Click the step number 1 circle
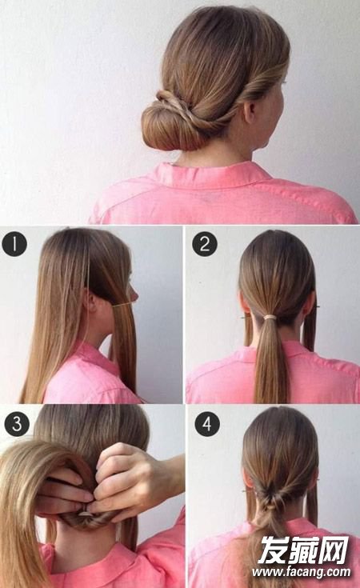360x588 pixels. pyautogui.click(x=14, y=244)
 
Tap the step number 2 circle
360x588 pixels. pyautogui.click(x=205, y=244)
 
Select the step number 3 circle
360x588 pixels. pyautogui.click(x=17, y=423)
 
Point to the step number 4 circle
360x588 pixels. pyautogui.click(x=207, y=423)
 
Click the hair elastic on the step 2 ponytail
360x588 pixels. pyautogui.click(x=270, y=318)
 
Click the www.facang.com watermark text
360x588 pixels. pyautogui.click(x=302, y=571)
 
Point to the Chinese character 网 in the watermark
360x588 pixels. pyautogui.click(x=334, y=550)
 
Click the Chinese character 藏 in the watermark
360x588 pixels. pyautogui.click(x=303, y=550)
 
